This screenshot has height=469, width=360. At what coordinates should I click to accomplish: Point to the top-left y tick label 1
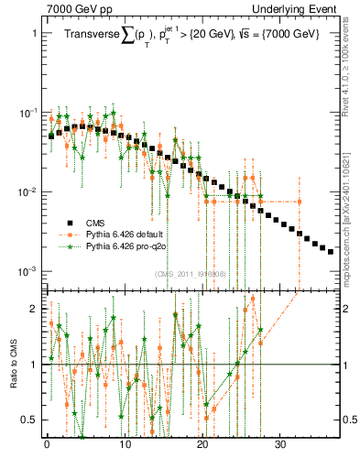(x=34, y=33)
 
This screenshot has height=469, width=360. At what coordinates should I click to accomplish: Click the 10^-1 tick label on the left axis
(x=28, y=113)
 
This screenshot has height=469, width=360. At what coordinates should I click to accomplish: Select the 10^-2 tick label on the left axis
(x=28, y=192)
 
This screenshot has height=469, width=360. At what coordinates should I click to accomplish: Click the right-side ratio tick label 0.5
(x=350, y=420)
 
